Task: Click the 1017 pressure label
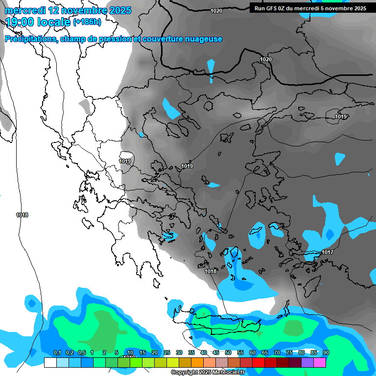(328, 253)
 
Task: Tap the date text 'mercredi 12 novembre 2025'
(68, 10)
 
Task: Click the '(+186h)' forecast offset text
(87, 22)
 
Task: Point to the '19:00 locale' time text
(37, 22)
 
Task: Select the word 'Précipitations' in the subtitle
(30, 39)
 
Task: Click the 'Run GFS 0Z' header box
(310, 8)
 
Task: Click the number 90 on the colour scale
(326, 352)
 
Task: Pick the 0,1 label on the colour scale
(57, 352)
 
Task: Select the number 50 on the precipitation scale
(228, 352)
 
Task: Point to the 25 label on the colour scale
(167, 352)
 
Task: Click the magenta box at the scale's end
(320, 362)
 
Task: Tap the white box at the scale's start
(50, 362)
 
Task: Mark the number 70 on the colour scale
(277, 352)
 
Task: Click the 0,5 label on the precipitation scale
(81, 352)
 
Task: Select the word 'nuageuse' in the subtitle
(203, 39)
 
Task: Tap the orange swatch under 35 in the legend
(197, 362)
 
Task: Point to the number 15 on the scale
(142, 352)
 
